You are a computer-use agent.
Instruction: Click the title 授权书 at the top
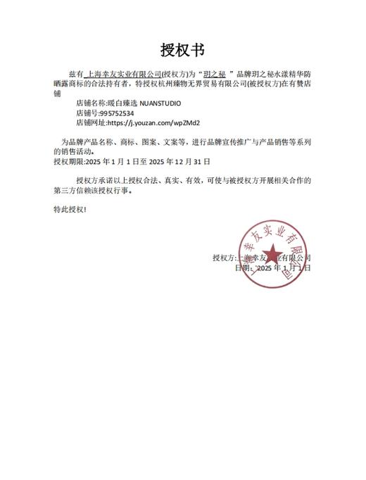(182, 50)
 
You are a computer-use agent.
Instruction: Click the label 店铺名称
(89, 103)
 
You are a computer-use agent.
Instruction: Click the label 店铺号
(86, 113)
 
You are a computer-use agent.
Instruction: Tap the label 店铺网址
(89, 122)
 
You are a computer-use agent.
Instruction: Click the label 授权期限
(68, 161)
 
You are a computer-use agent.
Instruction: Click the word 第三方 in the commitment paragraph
(65, 190)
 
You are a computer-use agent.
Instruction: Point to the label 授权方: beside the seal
(225, 258)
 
